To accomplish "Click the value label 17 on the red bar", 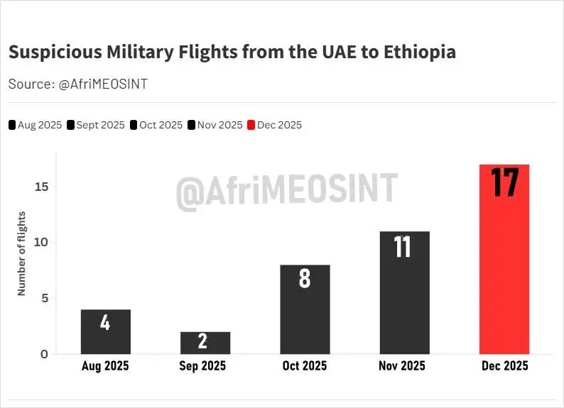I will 505,182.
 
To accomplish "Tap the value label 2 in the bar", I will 203,341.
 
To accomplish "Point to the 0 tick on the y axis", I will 44,354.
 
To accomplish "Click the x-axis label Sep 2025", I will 202,366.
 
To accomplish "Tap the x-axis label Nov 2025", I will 402,366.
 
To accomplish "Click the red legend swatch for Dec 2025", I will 251,126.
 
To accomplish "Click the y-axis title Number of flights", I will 22,253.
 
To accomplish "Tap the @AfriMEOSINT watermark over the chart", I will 287,190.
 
